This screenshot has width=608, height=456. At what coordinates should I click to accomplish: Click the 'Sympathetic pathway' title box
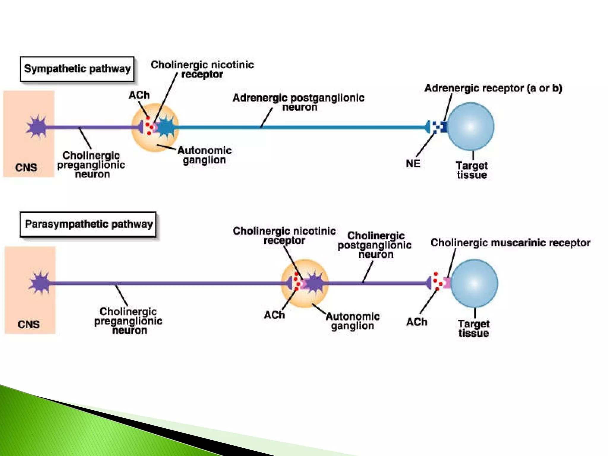(x=77, y=69)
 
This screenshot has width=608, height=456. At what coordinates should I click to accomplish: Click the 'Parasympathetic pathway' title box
(x=88, y=224)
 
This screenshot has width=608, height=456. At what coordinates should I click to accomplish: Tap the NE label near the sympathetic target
(x=413, y=164)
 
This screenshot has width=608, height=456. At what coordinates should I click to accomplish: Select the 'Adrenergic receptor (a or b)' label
(x=493, y=88)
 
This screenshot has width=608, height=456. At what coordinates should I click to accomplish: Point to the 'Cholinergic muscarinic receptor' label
(x=510, y=243)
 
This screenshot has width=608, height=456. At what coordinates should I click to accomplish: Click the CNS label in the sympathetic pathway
(x=26, y=168)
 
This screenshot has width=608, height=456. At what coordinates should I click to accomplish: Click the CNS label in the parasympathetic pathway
(x=28, y=324)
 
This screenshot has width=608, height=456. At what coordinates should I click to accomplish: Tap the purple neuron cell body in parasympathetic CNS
(x=40, y=283)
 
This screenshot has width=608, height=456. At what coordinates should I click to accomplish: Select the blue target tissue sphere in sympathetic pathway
(x=470, y=126)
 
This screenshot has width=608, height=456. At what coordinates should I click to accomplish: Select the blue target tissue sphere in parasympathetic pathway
(x=474, y=283)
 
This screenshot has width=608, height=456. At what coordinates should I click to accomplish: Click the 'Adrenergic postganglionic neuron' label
(x=298, y=102)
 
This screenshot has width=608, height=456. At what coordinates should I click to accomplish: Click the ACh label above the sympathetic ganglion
(x=139, y=95)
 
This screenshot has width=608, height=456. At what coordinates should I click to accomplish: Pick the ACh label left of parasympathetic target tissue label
(x=417, y=322)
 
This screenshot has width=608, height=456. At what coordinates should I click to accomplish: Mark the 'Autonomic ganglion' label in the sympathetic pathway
(x=205, y=155)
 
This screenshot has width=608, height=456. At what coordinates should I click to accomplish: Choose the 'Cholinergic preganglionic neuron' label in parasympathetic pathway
(x=128, y=321)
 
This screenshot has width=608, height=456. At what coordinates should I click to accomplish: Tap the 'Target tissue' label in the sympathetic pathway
(x=472, y=170)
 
